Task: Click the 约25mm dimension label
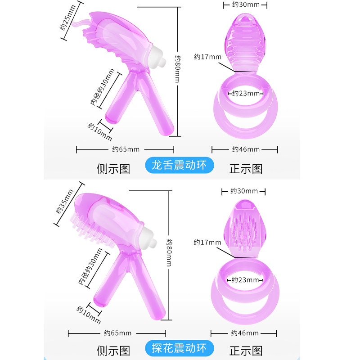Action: pyautogui.click(x=67, y=20)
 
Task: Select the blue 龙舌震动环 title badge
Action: pyautogui.click(x=180, y=165)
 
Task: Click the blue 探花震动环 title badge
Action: pyautogui.click(x=180, y=348)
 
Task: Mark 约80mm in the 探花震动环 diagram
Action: pyautogui.click(x=169, y=252)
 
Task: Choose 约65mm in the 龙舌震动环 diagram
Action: pyautogui.click(x=126, y=149)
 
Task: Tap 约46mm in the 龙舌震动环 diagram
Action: pyautogui.click(x=246, y=149)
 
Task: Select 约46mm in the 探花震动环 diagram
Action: pyautogui.click(x=245, y=333)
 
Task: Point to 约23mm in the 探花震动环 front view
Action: pyautogui.click(x=245, y=279)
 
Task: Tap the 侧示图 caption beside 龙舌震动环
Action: pyautogui.click(x=113, y=169)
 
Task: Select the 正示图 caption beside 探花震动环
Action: pyautogui.click(x=246, y=351)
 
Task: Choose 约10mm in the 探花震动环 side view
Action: pyautogui.click(x=88, y=314)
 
